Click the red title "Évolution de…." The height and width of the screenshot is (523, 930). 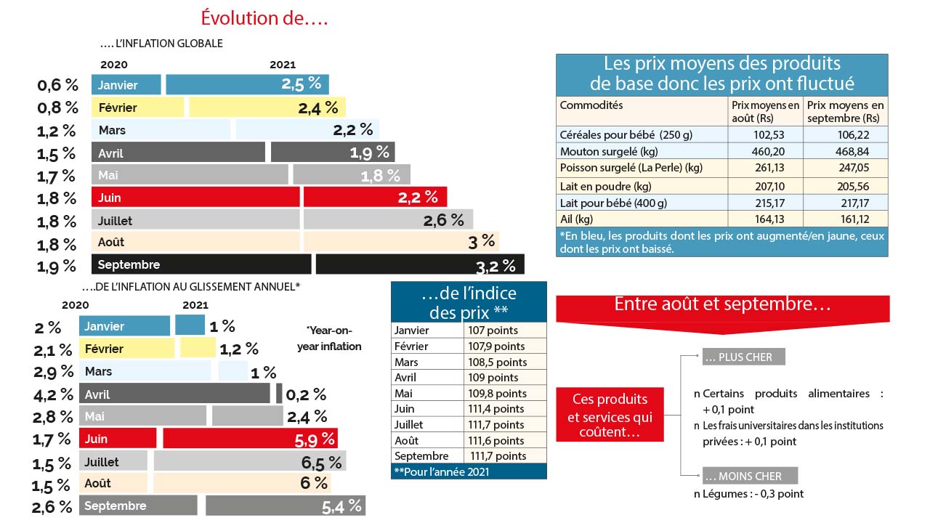pyautogui.click(x=264, y=18)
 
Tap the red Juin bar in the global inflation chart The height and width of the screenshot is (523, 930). pyautogui.click(x=195, y=197)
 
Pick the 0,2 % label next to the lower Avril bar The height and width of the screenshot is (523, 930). pyautogui.click(x=306, y=394)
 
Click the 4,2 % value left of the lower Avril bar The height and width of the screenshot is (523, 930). pyautogui.click(x=54, y=394)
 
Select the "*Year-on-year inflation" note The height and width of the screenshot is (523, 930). pyautogui.click(x=328, y=338)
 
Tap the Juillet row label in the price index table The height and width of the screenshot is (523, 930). pyautogui.click(x=408, y=424)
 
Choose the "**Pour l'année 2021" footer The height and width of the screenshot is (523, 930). pyautogui.click(x=441, y=471)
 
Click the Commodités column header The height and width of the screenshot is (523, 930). pyautogui.click(x=591, y=105)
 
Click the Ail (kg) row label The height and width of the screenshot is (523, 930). pyautogui.click(x=577, y=219)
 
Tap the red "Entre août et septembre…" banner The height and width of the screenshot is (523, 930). pyautogui.click(x=722, y=305)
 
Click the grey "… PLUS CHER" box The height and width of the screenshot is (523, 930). pyautogui.click(x=743, y=357)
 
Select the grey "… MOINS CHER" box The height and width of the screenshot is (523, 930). pyautogui.click(x=750, y=476)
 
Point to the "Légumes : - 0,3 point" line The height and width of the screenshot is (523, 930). pyautogui.click(x=748, y=494)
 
